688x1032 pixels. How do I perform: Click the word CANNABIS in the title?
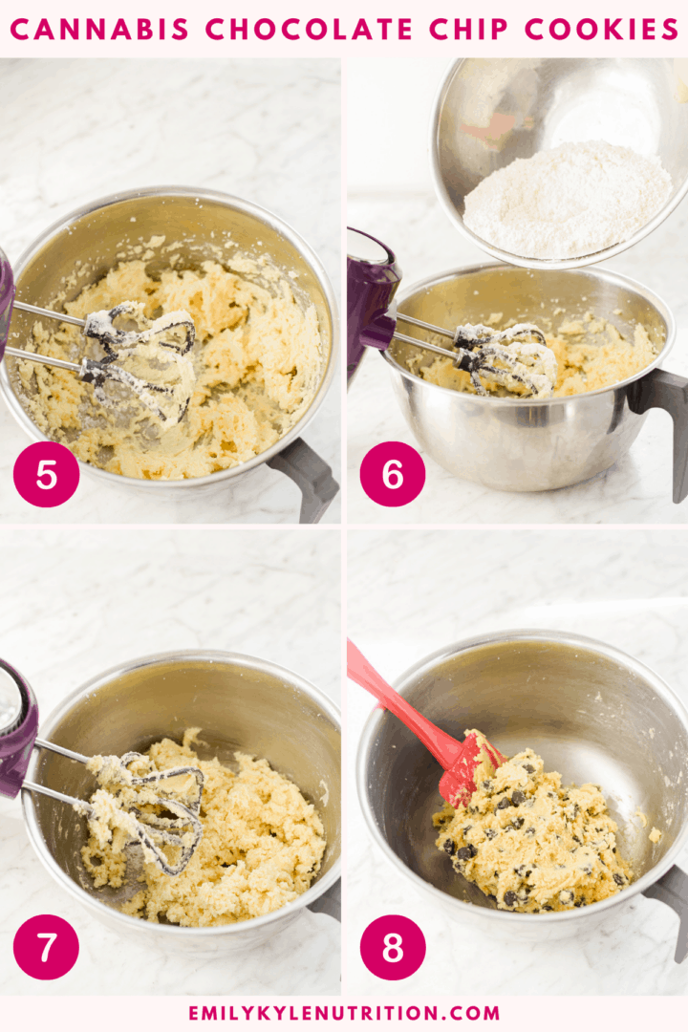pos(101,30)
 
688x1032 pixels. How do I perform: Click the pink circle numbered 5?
pos(46,475)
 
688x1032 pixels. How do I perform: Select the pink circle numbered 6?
pos(392,475)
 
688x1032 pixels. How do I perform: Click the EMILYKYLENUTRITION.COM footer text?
pos(344,1013)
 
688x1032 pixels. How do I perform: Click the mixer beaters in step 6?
pos(502,358)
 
